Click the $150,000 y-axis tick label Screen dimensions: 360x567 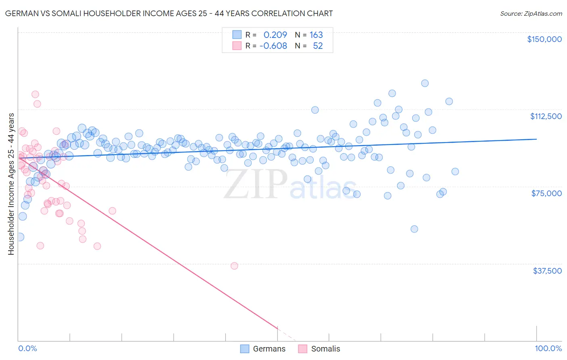click(x=544, y=39)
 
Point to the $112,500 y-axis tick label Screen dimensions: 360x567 click(x=546, y=116)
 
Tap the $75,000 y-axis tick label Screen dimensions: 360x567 click(x=546, y=193)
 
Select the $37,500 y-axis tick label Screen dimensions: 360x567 click(x=547, y=270)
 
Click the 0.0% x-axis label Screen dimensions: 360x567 click(x=27, y=348)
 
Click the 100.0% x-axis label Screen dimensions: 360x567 click(x=548, y=348)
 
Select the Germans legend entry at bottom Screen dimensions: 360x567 click(x=263, y=349)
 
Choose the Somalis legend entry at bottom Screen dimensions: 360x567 click(x=319, y=349)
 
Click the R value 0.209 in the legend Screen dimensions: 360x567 click(x=275, y=35)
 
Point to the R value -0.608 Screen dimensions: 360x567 click(x=273, y=46)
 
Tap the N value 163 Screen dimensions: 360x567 click(x=316, y=35)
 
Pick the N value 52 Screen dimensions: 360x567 click(x=318, y=46)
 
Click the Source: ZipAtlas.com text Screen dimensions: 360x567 click(x=531, y=13)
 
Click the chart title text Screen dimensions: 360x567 click(x=169, y=13)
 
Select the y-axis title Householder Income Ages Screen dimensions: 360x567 click(x=11, y=184)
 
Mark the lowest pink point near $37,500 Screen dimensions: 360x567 click(x=234, y=266)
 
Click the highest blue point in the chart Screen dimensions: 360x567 click(x=425, y=83)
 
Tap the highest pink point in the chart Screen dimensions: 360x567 click(x=35, y=94)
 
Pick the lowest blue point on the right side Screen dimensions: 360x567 click(x=414, y=229)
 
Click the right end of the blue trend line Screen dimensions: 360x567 click(x=536, y=139)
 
